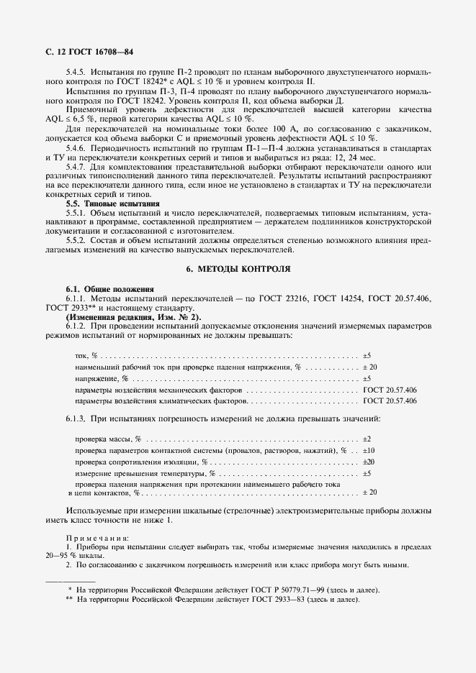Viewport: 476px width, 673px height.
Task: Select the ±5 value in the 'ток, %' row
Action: [x=367, y=356]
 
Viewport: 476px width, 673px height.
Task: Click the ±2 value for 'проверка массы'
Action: [x=367, y=439]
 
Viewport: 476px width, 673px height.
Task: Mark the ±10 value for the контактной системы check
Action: [x=368, y=449]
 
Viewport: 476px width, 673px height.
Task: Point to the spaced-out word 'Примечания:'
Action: [x=96, y=538]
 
